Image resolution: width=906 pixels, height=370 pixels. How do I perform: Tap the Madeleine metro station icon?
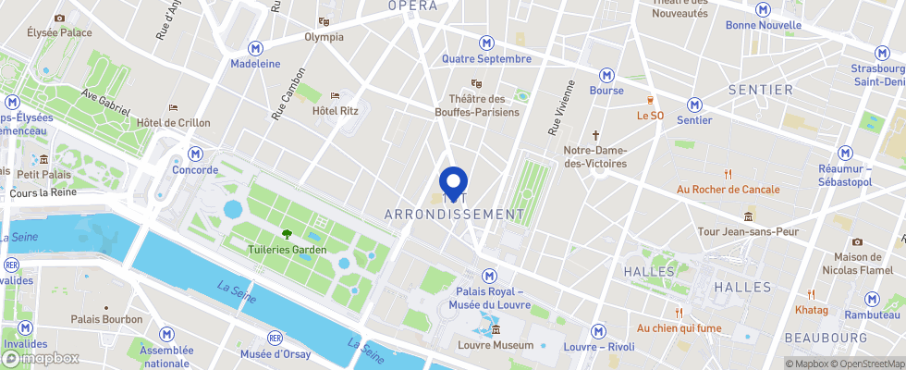[256, 48]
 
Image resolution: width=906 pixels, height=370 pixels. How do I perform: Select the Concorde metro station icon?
[194, 154]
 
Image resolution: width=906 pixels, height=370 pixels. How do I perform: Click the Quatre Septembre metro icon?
[486, 43]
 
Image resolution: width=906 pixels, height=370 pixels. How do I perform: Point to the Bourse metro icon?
[606, 75]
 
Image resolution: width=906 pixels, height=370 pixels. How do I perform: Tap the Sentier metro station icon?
[694, 105]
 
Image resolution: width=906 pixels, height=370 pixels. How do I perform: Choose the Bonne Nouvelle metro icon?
[763, 9]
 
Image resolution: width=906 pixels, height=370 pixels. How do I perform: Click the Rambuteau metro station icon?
[872, 299]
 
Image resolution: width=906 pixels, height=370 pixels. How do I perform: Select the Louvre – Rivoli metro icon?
[598, 331]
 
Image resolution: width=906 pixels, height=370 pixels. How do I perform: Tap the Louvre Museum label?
[496, 345]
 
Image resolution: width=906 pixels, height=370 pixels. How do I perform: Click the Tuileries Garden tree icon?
[287, 234]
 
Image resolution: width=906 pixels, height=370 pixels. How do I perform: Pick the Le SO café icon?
[651, 100]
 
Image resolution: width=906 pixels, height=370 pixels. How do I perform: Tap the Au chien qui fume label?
[679, 328]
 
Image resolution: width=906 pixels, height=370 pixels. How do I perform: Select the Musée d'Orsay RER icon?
[274, 338]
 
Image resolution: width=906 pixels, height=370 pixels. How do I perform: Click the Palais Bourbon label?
[107, 319]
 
